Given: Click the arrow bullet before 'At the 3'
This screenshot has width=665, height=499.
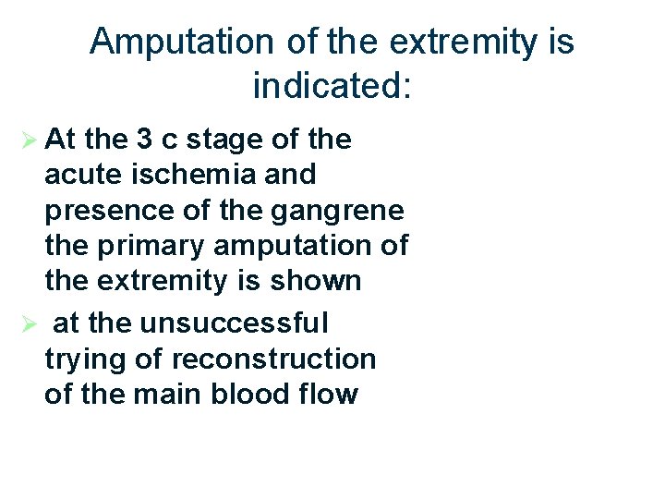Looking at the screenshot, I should coord(29,140).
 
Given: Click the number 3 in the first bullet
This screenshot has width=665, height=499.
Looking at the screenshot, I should coord(145,140).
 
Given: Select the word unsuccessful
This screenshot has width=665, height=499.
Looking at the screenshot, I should coord(234,323).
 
